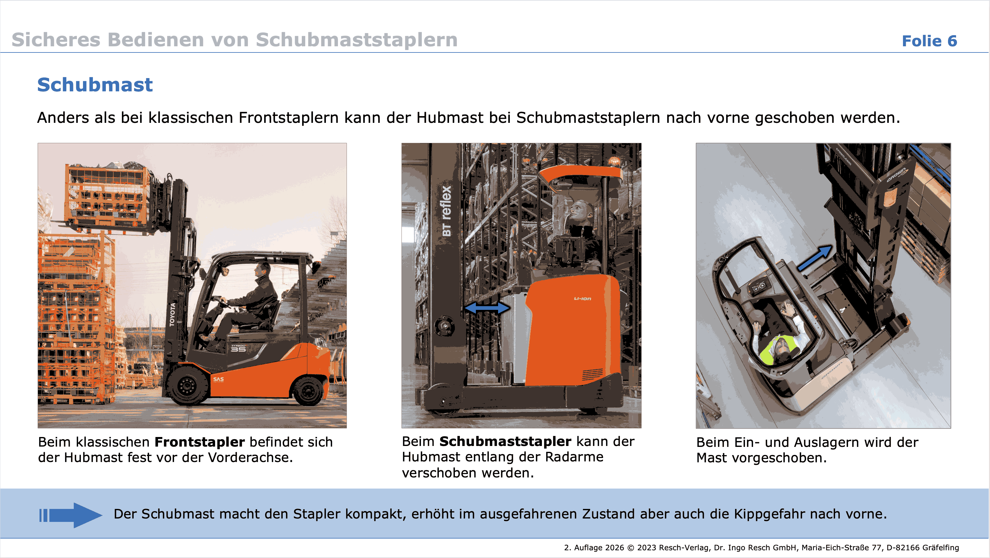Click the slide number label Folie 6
click(929, 41)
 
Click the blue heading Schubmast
click(95, 85)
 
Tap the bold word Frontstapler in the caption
click(199, 442)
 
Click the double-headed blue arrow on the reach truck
click(487, 308)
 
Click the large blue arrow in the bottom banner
click(71, 515)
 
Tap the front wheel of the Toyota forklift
click(187, 385)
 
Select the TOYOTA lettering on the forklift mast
click(173, 314)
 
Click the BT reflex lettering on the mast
click(447, 211)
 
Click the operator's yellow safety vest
click(778, 350)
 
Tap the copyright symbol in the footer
click(631, 548)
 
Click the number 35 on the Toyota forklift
click(238, 349)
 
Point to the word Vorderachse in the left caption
click(250, 458)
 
